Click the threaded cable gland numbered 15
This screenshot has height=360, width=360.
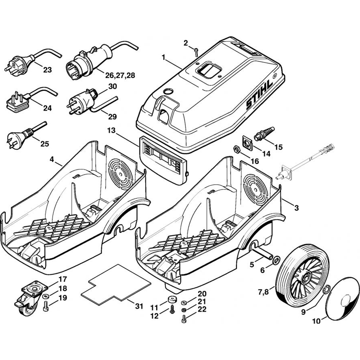[x=264, y=133]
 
